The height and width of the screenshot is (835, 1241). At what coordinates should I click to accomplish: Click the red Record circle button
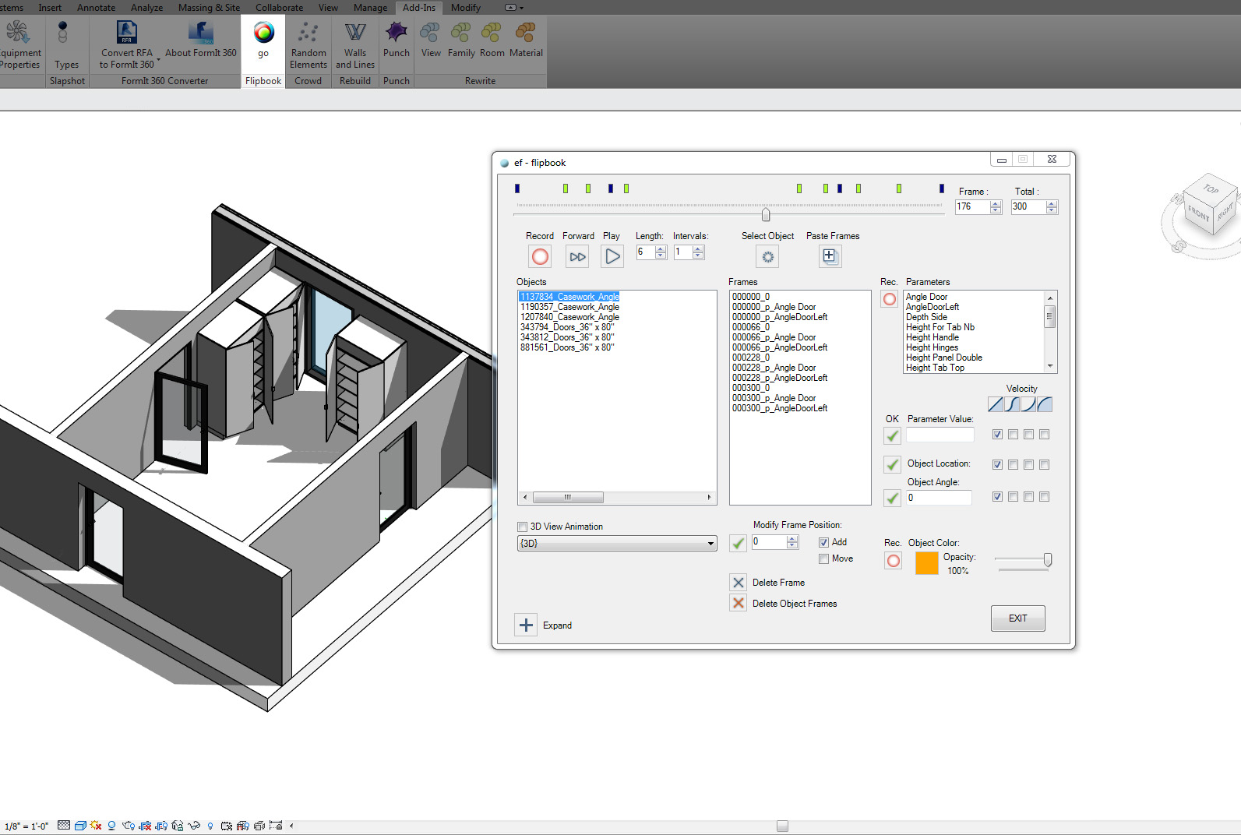[540, 256]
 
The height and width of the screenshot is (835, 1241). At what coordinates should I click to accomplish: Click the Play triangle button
[612, 256]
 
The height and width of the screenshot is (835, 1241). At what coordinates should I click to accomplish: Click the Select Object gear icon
[767, 256]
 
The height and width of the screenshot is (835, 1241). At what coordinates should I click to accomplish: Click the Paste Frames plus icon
[830, 256]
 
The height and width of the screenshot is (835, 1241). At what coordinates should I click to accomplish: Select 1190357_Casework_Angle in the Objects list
[569, 307]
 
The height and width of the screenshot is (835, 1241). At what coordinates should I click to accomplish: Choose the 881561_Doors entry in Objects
[567, 347]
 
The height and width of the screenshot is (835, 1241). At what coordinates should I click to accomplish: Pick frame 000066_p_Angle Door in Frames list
[774, 337]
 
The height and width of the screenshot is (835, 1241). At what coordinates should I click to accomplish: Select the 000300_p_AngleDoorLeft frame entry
[780, 408]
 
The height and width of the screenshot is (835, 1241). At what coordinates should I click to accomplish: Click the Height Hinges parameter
[932, 347]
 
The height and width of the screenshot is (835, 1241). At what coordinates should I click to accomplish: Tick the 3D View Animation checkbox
[522, 527]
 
